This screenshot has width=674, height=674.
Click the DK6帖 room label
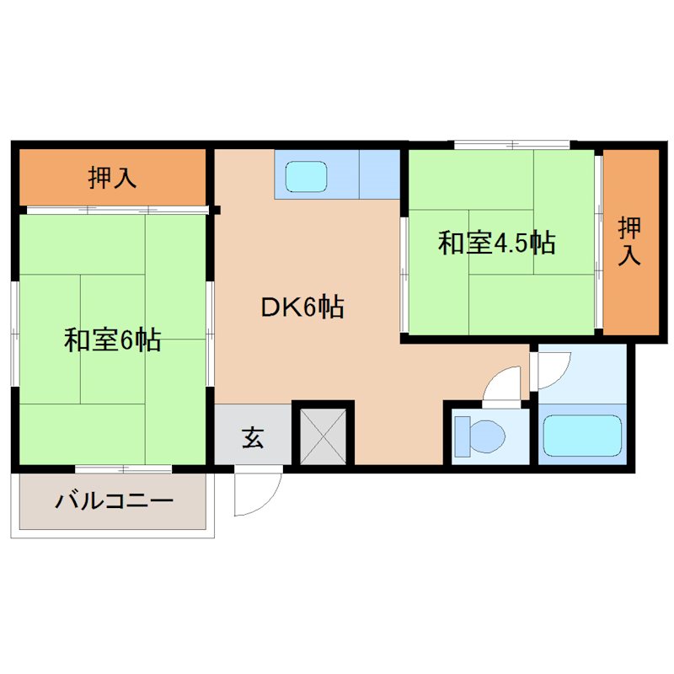301,308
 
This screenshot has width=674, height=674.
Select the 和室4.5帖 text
495,243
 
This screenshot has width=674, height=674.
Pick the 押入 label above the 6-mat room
113,178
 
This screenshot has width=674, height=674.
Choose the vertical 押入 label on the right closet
629,241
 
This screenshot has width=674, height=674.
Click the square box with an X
324,433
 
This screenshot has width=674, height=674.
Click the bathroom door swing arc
554,364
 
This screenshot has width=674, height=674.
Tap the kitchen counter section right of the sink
379,174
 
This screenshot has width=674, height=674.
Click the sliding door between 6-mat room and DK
209,337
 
